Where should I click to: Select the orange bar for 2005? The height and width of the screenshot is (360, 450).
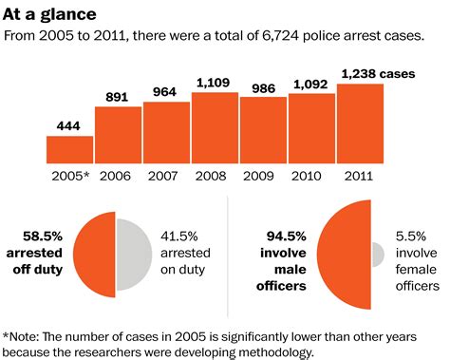coord(69,150)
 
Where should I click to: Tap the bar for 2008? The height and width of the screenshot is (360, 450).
coord(215,127)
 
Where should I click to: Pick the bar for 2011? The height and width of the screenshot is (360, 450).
coord(360,123)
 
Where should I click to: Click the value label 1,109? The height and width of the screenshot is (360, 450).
coord(215,82)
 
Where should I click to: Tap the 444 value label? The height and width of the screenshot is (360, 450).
coord(69,125)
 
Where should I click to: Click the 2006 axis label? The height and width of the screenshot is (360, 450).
coord(118,175)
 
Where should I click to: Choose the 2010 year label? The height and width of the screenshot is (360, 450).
coord(311,175)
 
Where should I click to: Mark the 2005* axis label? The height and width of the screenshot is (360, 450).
coord(69,175)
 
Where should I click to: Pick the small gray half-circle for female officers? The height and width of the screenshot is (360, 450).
coord(378,254)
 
